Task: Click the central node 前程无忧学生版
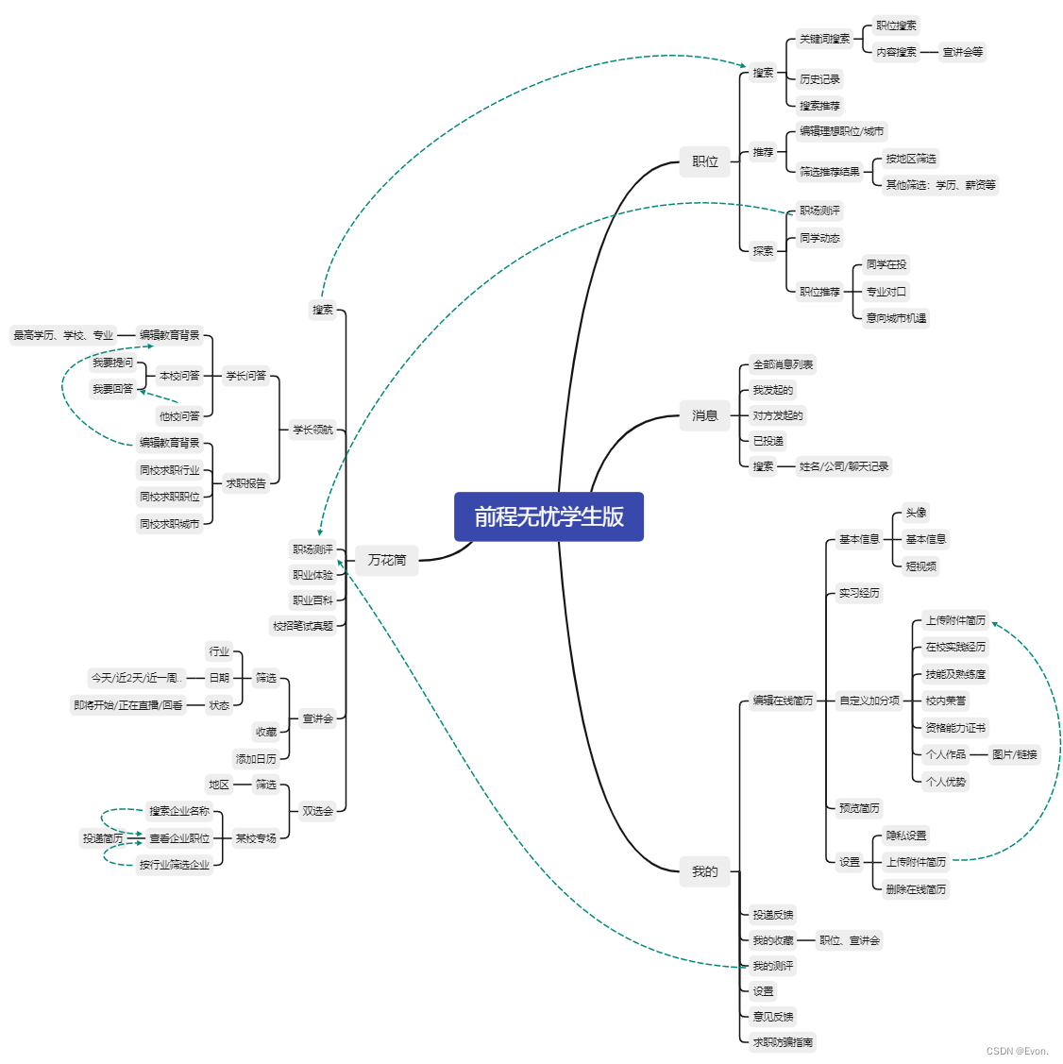point(548,516)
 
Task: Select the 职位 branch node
point(705,161)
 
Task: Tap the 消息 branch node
point(705,415)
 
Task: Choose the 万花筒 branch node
point(387,560)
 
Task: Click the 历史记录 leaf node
point(819,79)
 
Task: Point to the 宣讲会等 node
point(963,52)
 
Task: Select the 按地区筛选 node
point(911,159)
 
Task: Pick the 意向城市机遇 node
point(896,318)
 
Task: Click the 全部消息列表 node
point(783,364)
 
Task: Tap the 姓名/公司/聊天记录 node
point(844,466)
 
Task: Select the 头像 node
point(916,513)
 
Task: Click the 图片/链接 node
point(1014,754)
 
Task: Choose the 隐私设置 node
point(906,836)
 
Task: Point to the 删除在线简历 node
point(916,889)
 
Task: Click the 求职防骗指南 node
point(783,1042)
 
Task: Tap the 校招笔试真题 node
point(303,625)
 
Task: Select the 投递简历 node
point(102,838)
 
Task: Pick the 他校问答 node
point(179,416)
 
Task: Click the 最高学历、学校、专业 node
point(63,335)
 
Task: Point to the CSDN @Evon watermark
point(1018,1051)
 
